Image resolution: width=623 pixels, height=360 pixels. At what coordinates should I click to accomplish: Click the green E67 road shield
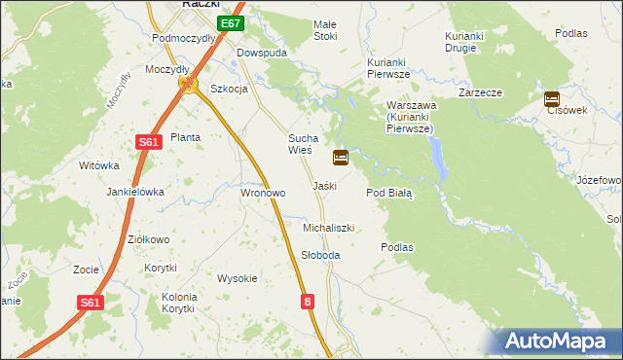click(x=231, y=23)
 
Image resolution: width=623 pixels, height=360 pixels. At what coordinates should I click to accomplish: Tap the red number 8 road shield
click(x=309, y=303)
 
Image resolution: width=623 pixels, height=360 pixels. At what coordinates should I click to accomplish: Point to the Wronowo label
click(x=263, y=194)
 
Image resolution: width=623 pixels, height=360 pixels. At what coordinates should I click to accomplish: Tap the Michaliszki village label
click(x=328, y=228)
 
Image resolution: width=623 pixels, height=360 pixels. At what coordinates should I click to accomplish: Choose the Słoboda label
click(x=320, y=255)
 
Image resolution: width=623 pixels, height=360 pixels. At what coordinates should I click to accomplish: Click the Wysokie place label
click(x=238, y=278)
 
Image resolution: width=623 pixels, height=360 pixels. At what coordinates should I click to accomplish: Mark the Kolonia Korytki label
click(x=179, y=303)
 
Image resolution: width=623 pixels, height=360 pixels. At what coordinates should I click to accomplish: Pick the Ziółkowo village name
click(x=149, y=239)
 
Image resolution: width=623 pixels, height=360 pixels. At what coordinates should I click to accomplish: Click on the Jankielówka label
click(x=135, y=193)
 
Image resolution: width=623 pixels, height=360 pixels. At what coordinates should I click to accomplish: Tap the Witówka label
click(x=98, y=166)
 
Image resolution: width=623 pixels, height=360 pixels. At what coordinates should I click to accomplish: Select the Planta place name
click(x=185, y=137)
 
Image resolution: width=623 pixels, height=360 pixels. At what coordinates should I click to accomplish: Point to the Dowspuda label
click(x=264, y=53)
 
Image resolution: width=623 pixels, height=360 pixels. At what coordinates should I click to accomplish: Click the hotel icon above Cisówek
click(x=552, y=98)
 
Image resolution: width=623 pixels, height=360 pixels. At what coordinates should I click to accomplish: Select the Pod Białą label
click(x=389, y=194)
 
